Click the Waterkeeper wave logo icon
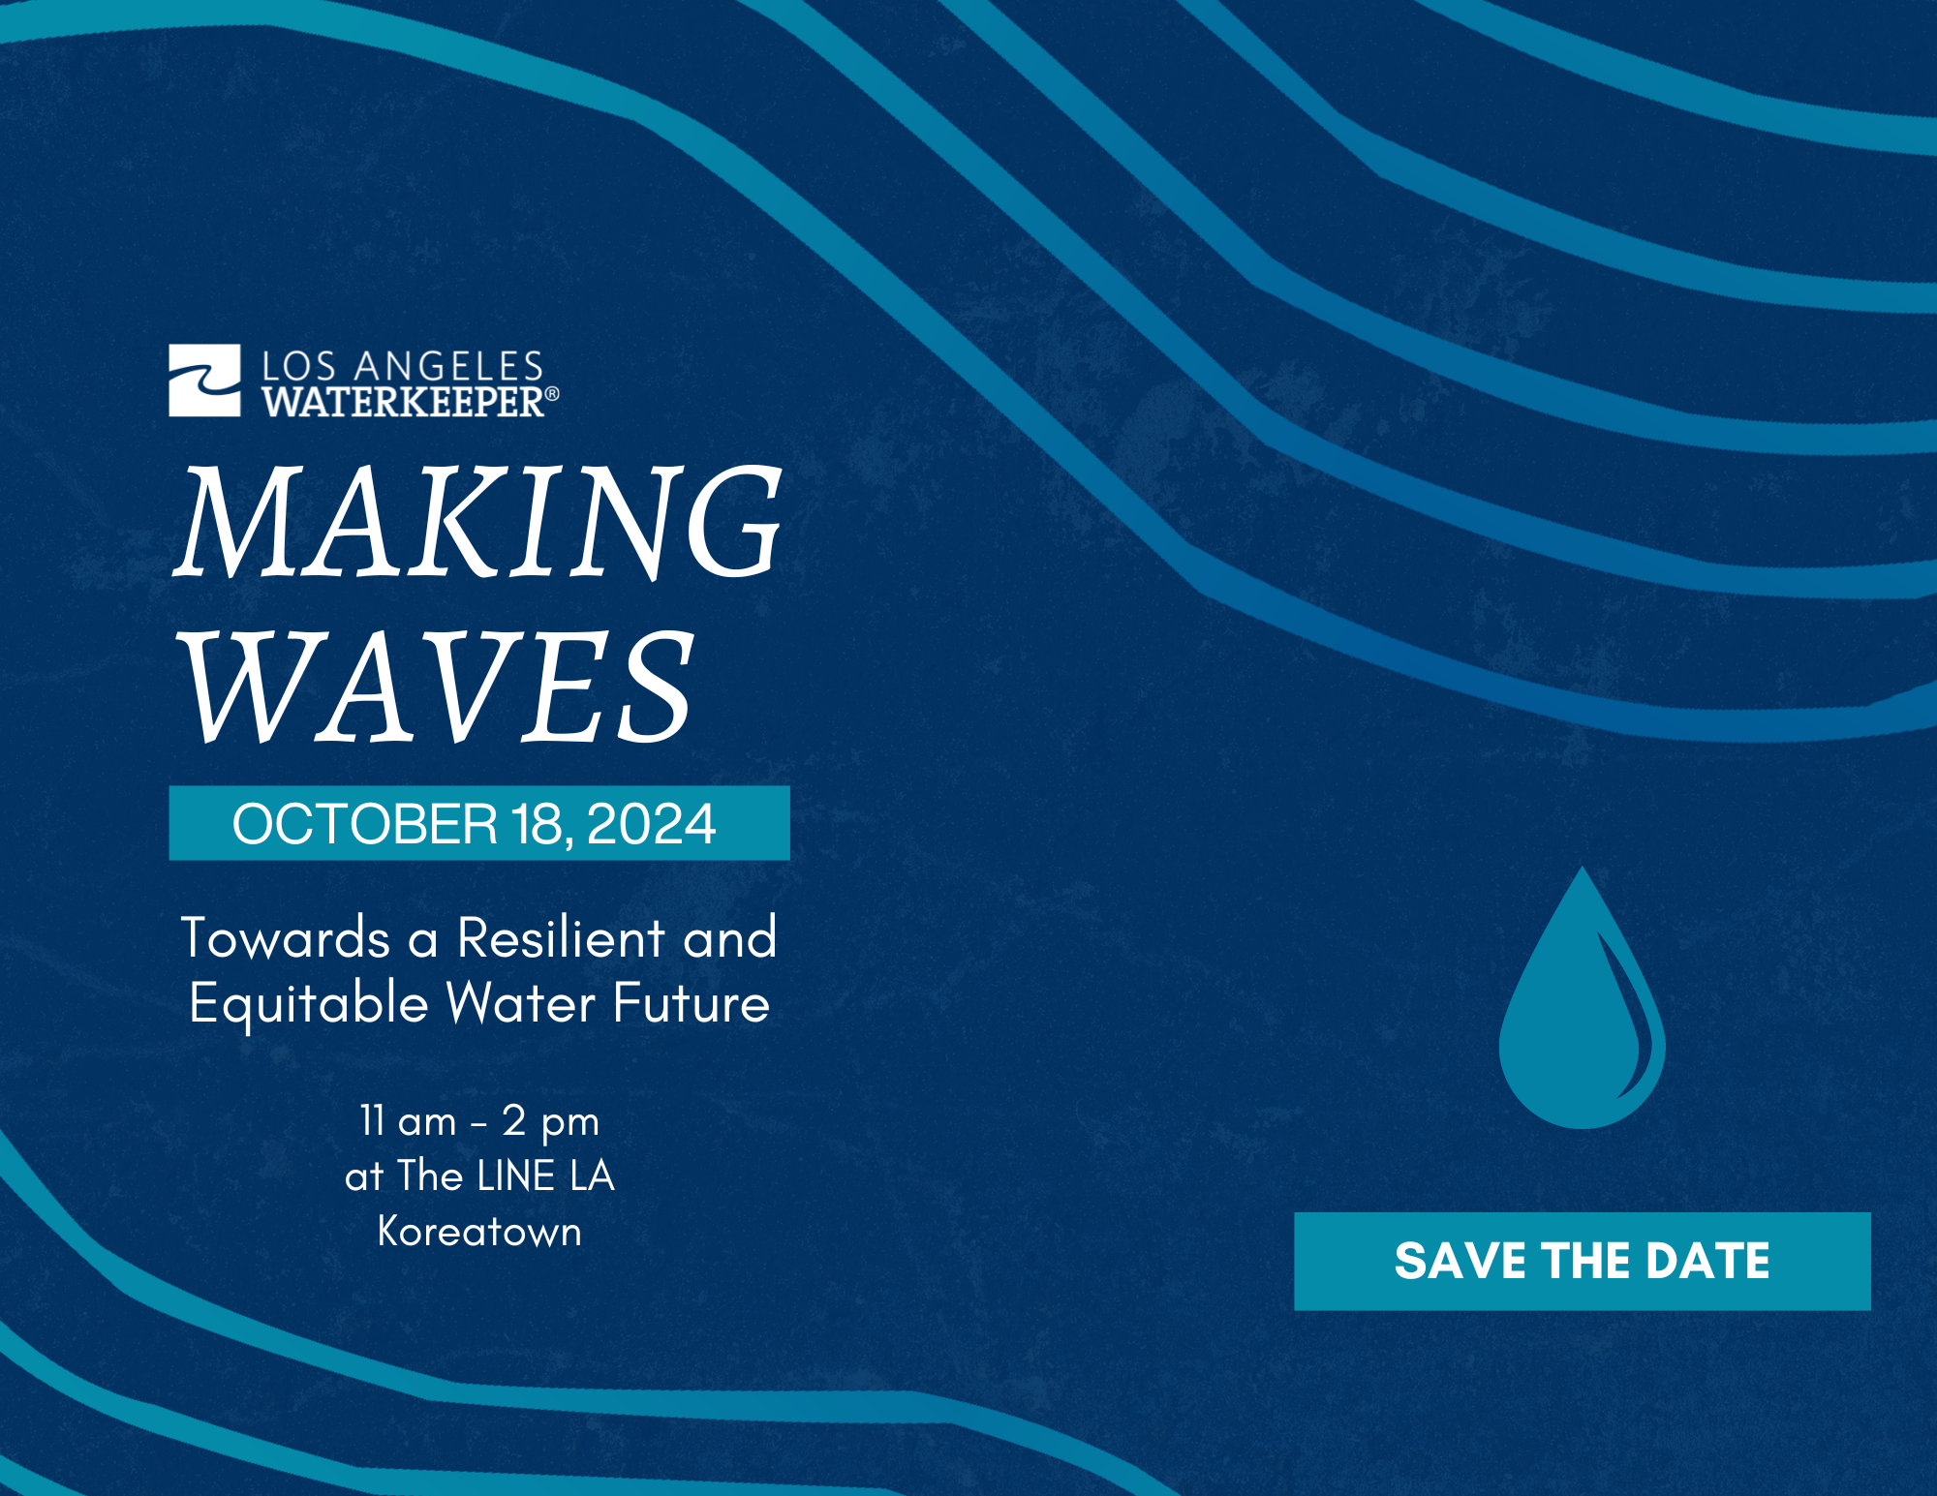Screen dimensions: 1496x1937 (204, 381)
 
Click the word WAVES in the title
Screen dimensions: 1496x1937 (438, 687)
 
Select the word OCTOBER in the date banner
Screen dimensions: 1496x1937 (364, 824)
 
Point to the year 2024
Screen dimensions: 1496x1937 (651, 824)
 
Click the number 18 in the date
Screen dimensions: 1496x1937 (537, 824)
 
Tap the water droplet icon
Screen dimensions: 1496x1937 (1582, 1007)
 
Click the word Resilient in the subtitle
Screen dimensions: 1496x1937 (562, 937)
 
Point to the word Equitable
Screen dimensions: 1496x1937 (309, 1003)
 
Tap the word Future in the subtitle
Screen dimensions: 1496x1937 (692, 1002)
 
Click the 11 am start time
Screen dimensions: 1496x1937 (408, 1121)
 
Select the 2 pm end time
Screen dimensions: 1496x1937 (550, 1122)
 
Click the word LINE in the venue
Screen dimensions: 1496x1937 (516, 1176)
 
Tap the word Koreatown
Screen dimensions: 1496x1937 (479, 1232)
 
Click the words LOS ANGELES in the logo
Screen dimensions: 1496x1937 (403, 366)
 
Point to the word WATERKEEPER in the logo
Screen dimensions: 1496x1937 (403, 402)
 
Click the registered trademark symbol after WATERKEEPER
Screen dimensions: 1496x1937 (552, 394)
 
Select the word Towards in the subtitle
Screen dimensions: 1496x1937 (286, 937)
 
